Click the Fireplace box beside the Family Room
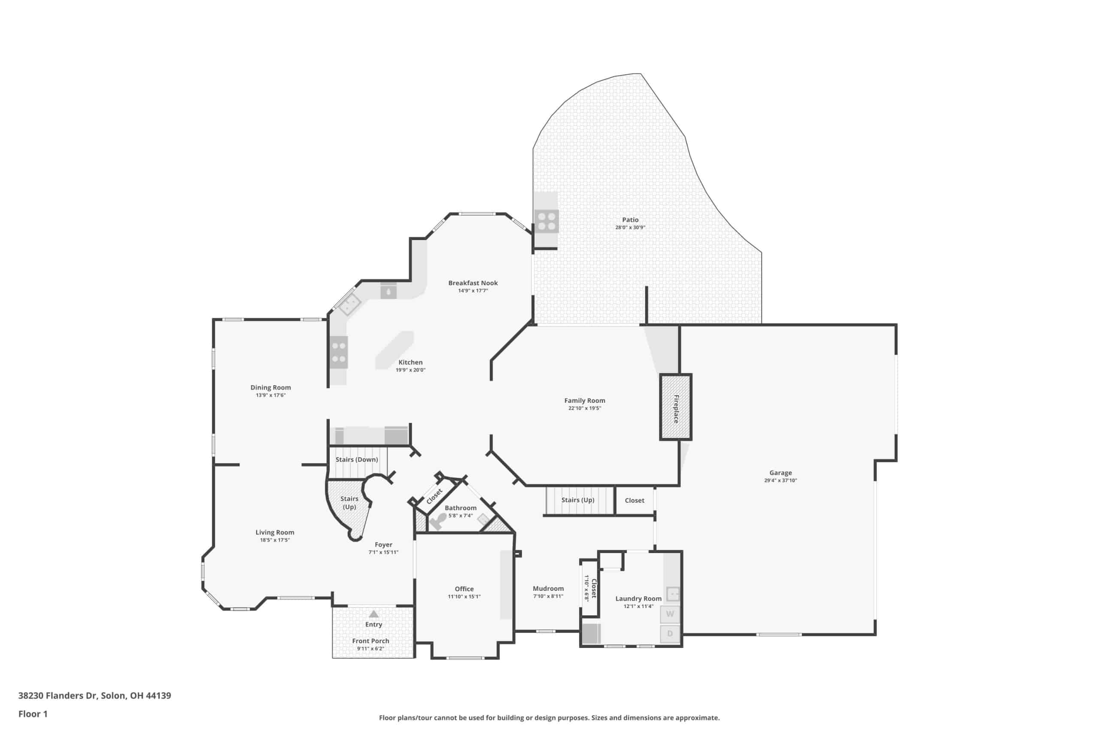pos(676,407)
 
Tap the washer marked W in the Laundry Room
pos(670,614)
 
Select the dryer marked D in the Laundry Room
pos(670,634)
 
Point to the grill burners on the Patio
pos(546,222)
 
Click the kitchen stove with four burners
pos(339,353)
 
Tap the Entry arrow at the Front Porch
pos(373,614)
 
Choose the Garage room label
pos(780,473)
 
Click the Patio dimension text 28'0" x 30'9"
pos(630,228)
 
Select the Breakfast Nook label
pos(473,283)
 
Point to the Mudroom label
pos(548,589)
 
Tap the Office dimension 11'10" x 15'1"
pos(464,596)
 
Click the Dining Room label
pos(270,387)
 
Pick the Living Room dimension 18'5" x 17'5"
pos(275,540)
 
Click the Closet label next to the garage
pos(634,500)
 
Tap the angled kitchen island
pos(395,350)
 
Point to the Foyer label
pos(383,544)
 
